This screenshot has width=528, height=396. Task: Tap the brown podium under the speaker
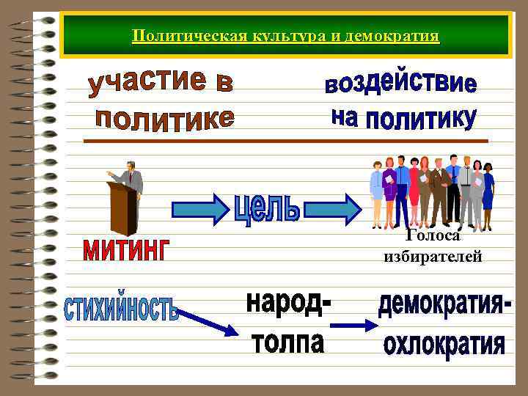coord(122,209)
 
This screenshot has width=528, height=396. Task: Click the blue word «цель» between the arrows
coord(267,208)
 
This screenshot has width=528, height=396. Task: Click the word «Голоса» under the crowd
coord(432,235)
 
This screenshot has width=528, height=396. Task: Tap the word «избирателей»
coord(432,256)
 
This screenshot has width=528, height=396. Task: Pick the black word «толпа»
coord(287,341)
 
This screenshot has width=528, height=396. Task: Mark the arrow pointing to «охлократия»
coord(358,325)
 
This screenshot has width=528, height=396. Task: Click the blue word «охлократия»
coord(444,342)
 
